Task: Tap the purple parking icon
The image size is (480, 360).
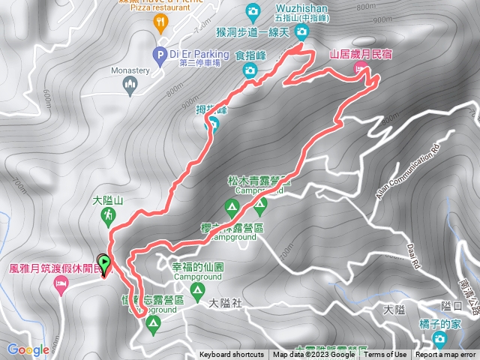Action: [x=159, y=54]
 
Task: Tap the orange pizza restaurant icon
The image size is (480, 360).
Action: [x=160, y=22]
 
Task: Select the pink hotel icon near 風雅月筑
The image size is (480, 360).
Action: [x=61, y=283]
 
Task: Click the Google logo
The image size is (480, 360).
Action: [x=28, y=349]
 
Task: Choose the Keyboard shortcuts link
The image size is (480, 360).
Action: [x=231, y=355]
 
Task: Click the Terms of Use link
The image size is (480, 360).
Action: [x=386, y=355]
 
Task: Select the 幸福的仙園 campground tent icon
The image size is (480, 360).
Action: [x=197, y=289]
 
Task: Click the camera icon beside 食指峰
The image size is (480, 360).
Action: [x=250, y=70]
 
